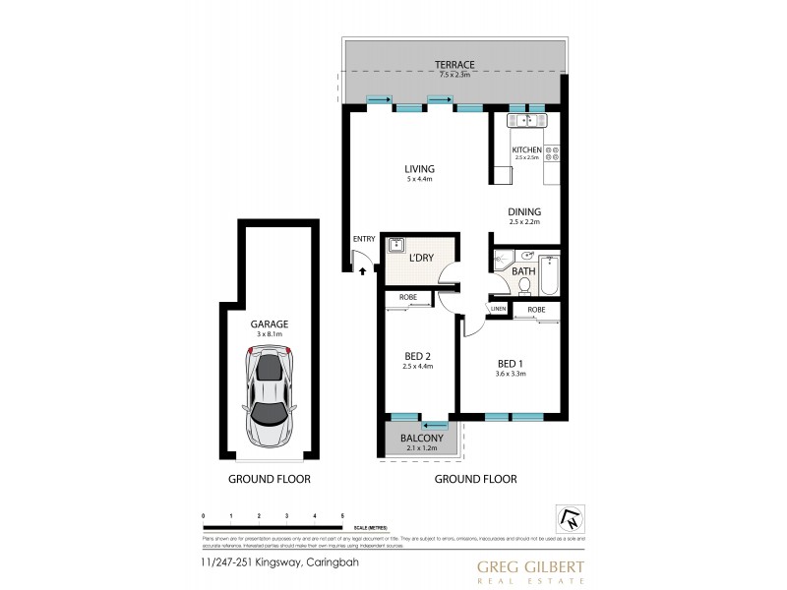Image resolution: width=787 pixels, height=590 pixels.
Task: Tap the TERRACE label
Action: (454, 64)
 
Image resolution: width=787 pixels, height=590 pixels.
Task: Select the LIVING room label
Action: (420, 169)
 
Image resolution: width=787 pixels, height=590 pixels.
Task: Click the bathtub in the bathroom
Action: (550, 274)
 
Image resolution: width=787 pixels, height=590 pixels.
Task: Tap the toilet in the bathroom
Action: (523, 285)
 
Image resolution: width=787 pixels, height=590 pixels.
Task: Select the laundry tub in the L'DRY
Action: (398, 246)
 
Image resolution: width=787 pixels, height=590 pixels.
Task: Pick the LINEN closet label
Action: (499, 309)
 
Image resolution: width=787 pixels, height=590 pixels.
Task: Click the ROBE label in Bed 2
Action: (406, 297)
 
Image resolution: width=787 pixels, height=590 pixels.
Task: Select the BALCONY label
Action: (420, 439)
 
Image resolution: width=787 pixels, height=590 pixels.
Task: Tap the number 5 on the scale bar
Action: (342, 515)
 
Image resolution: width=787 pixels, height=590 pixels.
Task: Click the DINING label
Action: (524, 211)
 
